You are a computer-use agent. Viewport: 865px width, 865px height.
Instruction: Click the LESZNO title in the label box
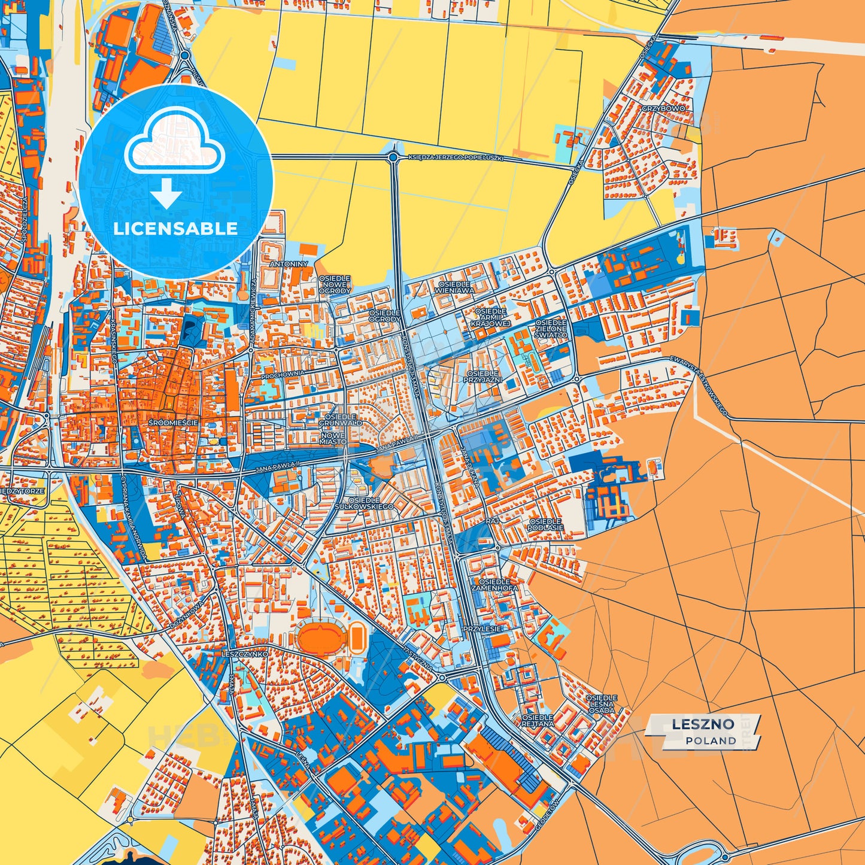pyautogui.click(x=703, y=724)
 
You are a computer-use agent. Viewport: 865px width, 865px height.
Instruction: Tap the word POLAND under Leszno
pyautogui.click(x=711, y=740)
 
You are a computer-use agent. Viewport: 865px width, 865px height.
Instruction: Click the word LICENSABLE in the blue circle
pyautogui.click(x=175, y=229)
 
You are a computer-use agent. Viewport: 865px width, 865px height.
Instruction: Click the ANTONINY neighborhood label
pyautogui.click(x=289, y=264)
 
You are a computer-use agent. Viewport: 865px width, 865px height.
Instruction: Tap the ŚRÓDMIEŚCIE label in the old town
pyautogui.click(x=174, y=423)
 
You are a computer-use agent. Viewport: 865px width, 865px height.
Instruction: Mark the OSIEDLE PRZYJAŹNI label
pyautogui.click(x=483, y=377)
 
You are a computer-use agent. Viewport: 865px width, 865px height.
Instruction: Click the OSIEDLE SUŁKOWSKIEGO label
pyautogui.click(x=371, y=503)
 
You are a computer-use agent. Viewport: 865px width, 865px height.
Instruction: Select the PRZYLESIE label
pyautogui.click(x=481, y=629)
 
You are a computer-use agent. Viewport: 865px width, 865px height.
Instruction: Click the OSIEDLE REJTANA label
pyautogui.click(x=537, y=720)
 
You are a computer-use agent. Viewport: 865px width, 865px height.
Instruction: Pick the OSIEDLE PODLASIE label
pyautogui.click(x=545, y=524)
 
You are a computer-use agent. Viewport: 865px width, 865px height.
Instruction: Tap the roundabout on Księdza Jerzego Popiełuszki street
pyautogui.click(x=393, y=157)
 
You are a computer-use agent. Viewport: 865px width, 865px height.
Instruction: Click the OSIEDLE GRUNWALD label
pyautogui.click(x=340, y=420)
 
